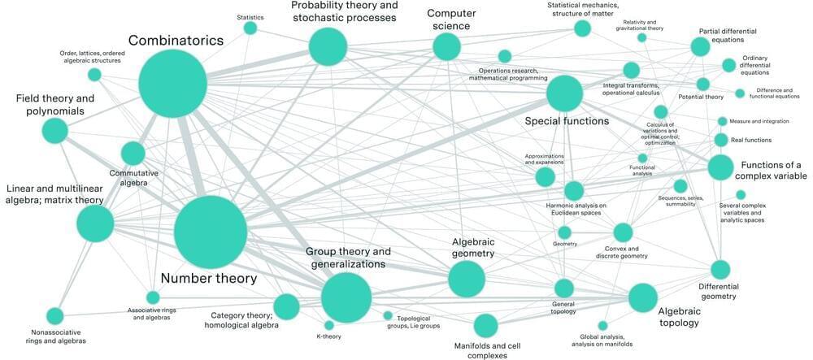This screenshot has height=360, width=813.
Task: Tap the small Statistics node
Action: click(250, 28)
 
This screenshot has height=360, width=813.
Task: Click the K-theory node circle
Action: click(329, 326)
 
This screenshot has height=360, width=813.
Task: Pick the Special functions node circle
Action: click(564, 93)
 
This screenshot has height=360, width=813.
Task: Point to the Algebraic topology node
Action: click(642, 297)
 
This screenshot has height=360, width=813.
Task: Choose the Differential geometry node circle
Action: click(720, 270)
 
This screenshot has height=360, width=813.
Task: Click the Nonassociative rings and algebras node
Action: click(55, 315)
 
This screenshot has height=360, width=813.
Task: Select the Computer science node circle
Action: click(446, 46)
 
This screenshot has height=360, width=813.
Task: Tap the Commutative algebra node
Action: click(133, 153)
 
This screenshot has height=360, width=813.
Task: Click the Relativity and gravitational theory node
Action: click(642, 37)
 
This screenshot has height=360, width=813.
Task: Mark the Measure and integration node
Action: click(722, 122)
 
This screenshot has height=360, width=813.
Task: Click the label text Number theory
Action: click(209, 278)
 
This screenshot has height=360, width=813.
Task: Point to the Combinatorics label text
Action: click(176, 40)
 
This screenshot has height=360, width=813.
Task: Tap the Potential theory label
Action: click(700, 98)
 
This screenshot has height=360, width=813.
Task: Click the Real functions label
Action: click(751, 140)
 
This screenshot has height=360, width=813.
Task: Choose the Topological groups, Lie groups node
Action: click(388, 315)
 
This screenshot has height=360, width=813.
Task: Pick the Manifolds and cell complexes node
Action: click(485, 326)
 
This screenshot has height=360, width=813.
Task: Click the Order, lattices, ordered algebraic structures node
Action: click(94, 75)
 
